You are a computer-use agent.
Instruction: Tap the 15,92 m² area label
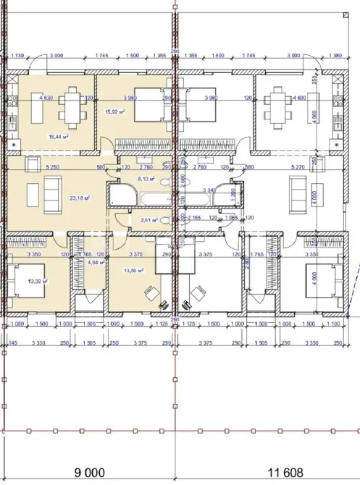117,111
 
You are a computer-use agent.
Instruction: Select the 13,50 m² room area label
134,271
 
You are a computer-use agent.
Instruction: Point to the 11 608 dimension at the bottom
285,472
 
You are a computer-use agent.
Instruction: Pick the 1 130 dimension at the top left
19,56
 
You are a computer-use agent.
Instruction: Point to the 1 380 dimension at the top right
334,56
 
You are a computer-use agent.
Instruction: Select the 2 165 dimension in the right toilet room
193,216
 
